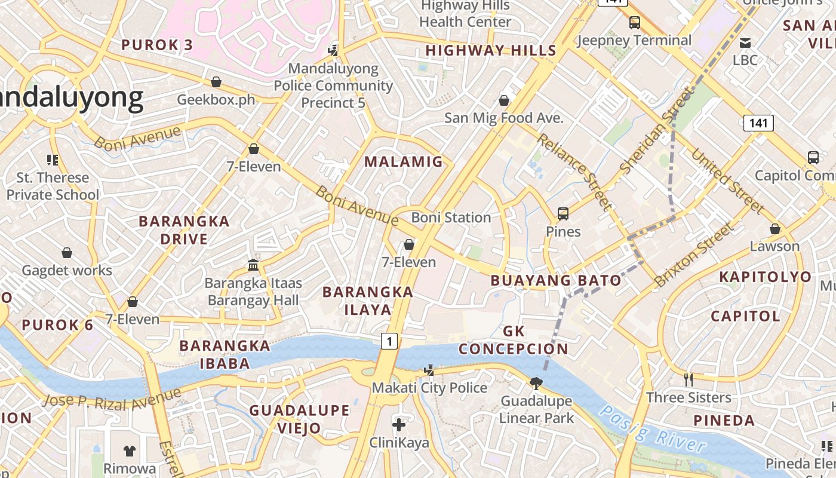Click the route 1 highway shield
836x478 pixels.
click(x=389, y=341)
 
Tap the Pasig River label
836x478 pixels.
click(x=653, y=430)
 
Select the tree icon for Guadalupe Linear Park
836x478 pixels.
click(x=536, y=382)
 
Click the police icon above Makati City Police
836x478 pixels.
click(x=428, y=370)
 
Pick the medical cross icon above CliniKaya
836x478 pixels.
click(x=399, y=425)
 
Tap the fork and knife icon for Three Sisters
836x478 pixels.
click(x=689, y=379)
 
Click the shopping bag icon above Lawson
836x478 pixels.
click(x=774, y=229)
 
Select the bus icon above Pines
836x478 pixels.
click(x=563, y=213)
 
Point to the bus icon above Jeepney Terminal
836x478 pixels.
click(x=634, y=23)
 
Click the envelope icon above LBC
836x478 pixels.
click(x=745, y=42)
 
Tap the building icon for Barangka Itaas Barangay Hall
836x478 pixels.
click(x=253, y=265)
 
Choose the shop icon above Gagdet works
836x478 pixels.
click(x=67, y=253)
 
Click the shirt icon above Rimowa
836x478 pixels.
click(x=130, y=451)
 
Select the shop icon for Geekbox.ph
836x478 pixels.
click(x=216, y=82)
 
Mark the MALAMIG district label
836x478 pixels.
click(x=404, y=161)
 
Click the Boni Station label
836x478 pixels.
click(x=451, y=217)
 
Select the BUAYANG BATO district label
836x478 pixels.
click(x=556, y=280)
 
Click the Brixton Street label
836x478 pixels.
click(x=693, y=255)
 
